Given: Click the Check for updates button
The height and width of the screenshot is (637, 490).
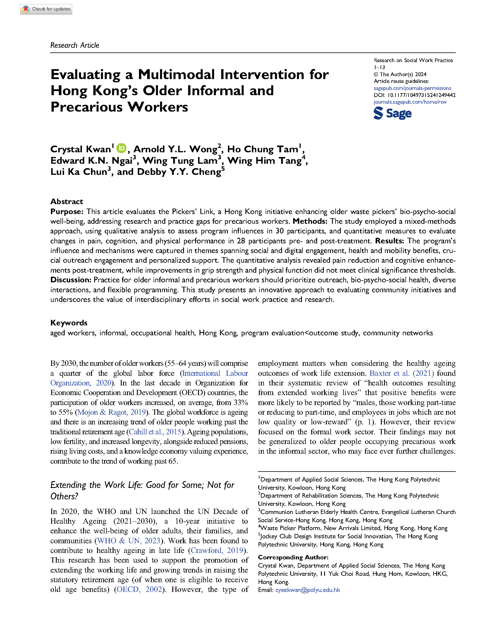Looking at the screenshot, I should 46,9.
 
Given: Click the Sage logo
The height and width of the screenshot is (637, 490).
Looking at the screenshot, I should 392,113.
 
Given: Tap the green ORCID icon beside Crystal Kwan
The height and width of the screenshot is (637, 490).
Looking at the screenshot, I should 121,148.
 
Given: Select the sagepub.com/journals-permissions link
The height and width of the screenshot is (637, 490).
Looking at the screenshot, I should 412,88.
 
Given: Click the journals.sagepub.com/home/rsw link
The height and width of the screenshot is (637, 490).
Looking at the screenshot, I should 410,102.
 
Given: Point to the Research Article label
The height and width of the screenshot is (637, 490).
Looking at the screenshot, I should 75,45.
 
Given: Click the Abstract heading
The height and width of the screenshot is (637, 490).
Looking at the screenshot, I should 67,201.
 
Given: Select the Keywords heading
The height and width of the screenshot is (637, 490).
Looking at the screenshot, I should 69,323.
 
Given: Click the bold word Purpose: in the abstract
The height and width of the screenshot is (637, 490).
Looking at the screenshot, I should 67,211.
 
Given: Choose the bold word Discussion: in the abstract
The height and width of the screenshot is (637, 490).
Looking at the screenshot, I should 71,280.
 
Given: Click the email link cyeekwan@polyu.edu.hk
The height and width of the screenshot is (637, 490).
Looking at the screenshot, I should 308,590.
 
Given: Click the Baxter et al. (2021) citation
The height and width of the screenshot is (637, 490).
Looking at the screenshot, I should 402,373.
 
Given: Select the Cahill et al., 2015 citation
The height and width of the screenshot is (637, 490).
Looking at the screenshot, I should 155,432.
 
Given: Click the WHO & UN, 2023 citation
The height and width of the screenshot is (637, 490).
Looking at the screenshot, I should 129,541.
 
